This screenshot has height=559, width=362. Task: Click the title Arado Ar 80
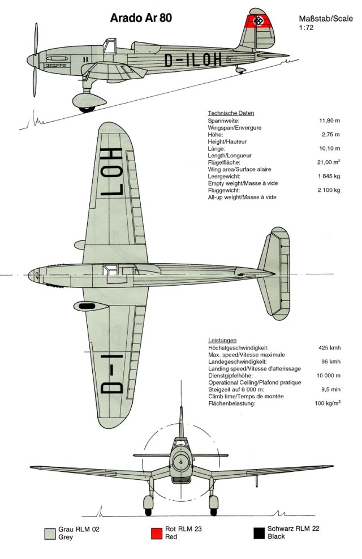142,18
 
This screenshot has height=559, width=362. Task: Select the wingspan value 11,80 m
329,121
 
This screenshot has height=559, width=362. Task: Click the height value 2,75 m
330,135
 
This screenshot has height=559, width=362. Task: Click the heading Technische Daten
231,113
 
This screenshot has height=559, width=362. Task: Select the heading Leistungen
223,340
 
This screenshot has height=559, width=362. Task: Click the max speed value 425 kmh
329,347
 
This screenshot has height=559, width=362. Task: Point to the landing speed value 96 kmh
331,362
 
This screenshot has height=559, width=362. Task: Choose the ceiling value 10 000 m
328,376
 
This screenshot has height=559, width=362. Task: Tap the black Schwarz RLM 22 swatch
260,533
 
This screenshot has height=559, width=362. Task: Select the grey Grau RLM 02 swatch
49,533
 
